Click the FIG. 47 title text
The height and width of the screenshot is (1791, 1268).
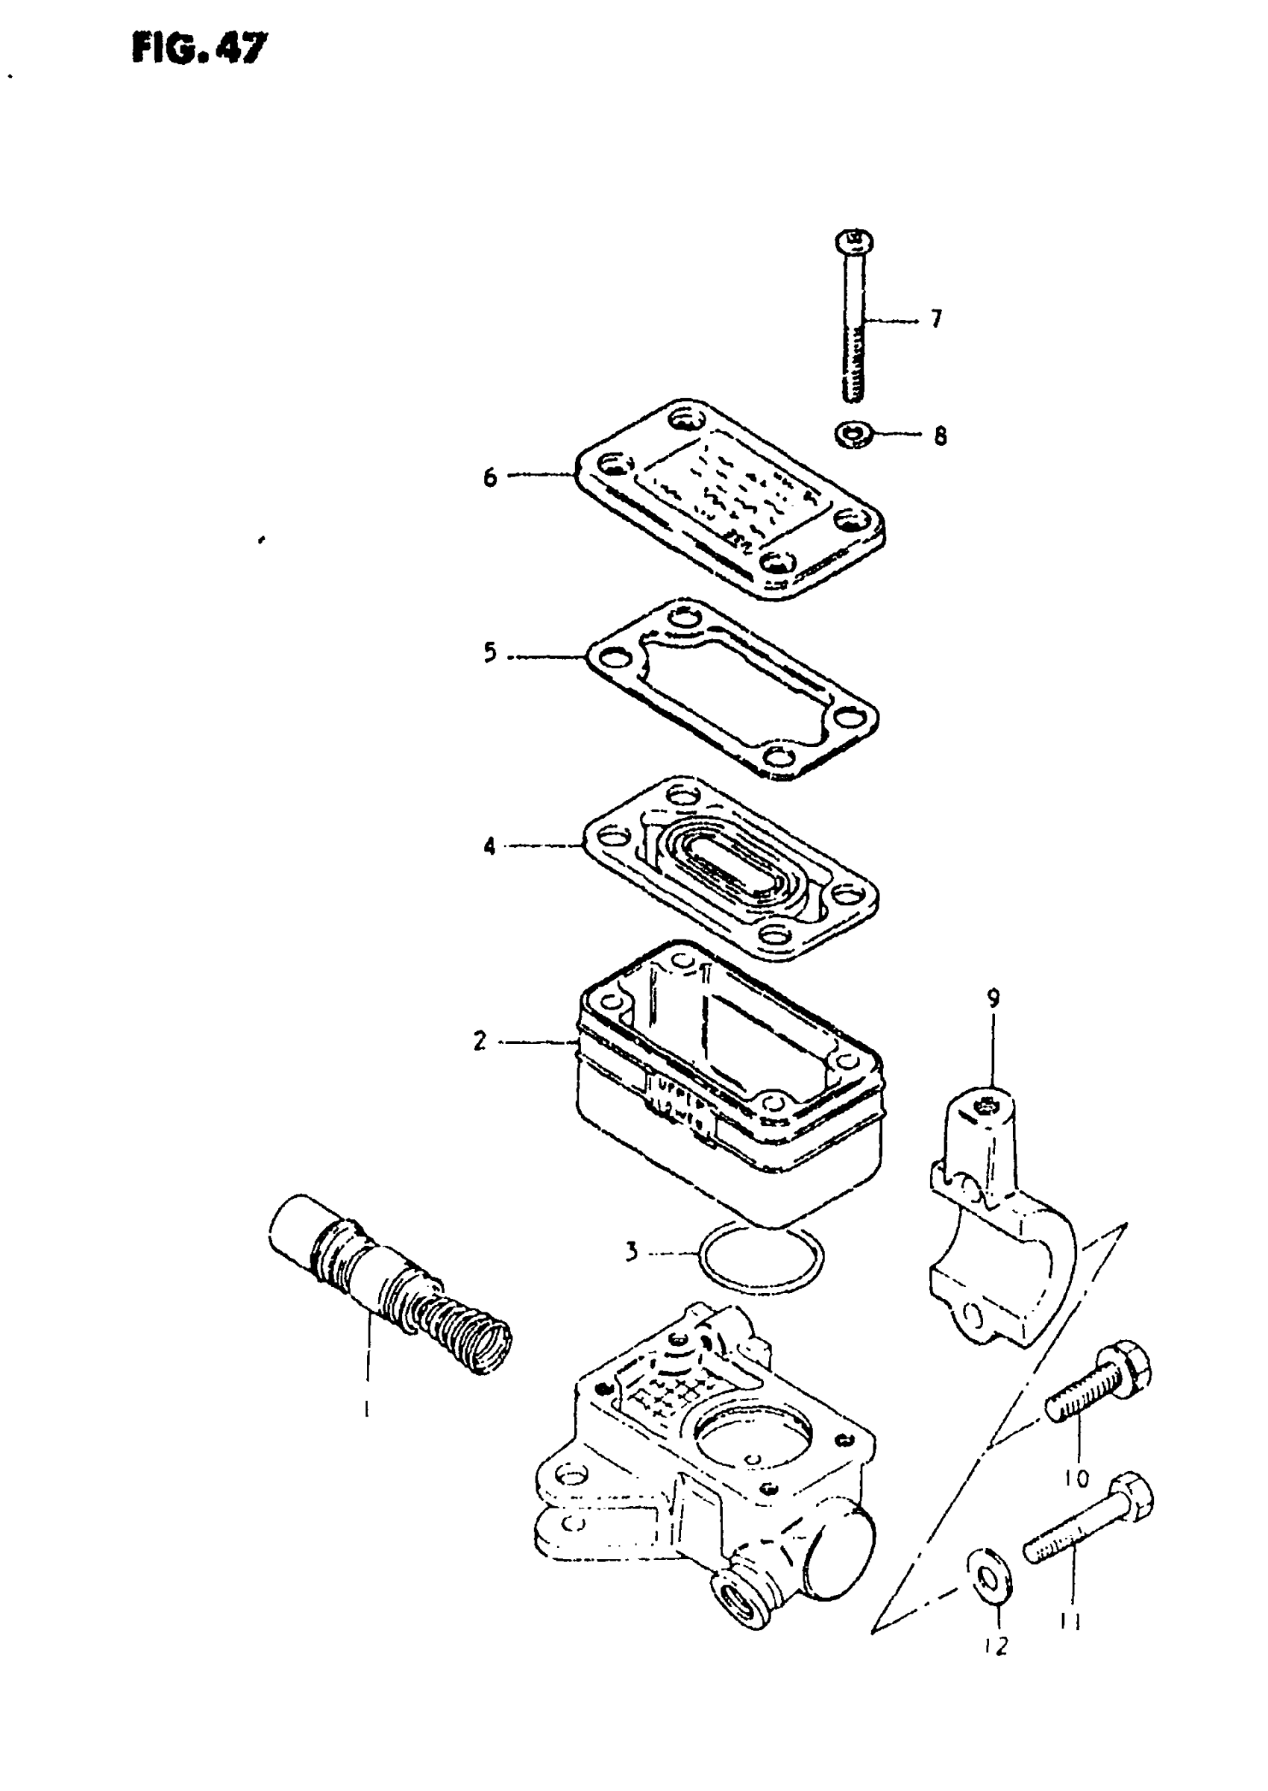click(199, 49)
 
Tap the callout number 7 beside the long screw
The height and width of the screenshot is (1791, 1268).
click(935, 318)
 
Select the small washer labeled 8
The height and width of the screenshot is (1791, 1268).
click(853, 434)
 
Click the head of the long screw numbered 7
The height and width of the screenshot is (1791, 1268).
click(853, 241)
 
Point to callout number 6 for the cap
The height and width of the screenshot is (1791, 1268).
click(489, 476)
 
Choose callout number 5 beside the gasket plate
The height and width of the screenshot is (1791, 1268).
click(489, 652)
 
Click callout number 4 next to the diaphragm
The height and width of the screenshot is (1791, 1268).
click(489, 846)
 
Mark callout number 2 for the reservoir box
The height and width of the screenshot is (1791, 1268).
click(480, 1040)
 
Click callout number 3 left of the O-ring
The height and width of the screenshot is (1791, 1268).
click(632, 1252)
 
